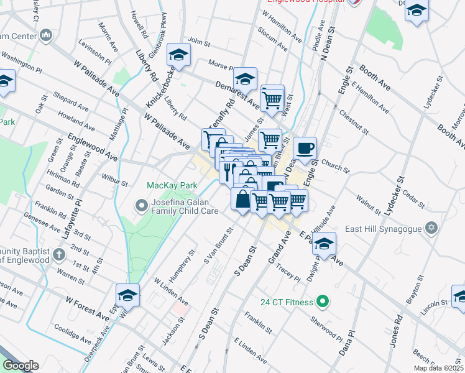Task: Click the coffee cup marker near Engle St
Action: coord(305,148)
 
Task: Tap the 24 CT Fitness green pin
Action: coord(321,303)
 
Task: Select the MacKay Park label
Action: coord(172,185)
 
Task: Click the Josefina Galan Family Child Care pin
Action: coord(141,205)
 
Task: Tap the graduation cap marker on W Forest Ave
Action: coord(128,295)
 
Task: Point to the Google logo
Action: coord(21,366)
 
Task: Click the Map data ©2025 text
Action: coord(438,368)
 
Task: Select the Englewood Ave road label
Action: coord(93,147)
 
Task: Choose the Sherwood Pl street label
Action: coord(329,323)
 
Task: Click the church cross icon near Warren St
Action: coord(58,254)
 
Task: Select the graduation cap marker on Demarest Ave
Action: coord(246,79)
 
